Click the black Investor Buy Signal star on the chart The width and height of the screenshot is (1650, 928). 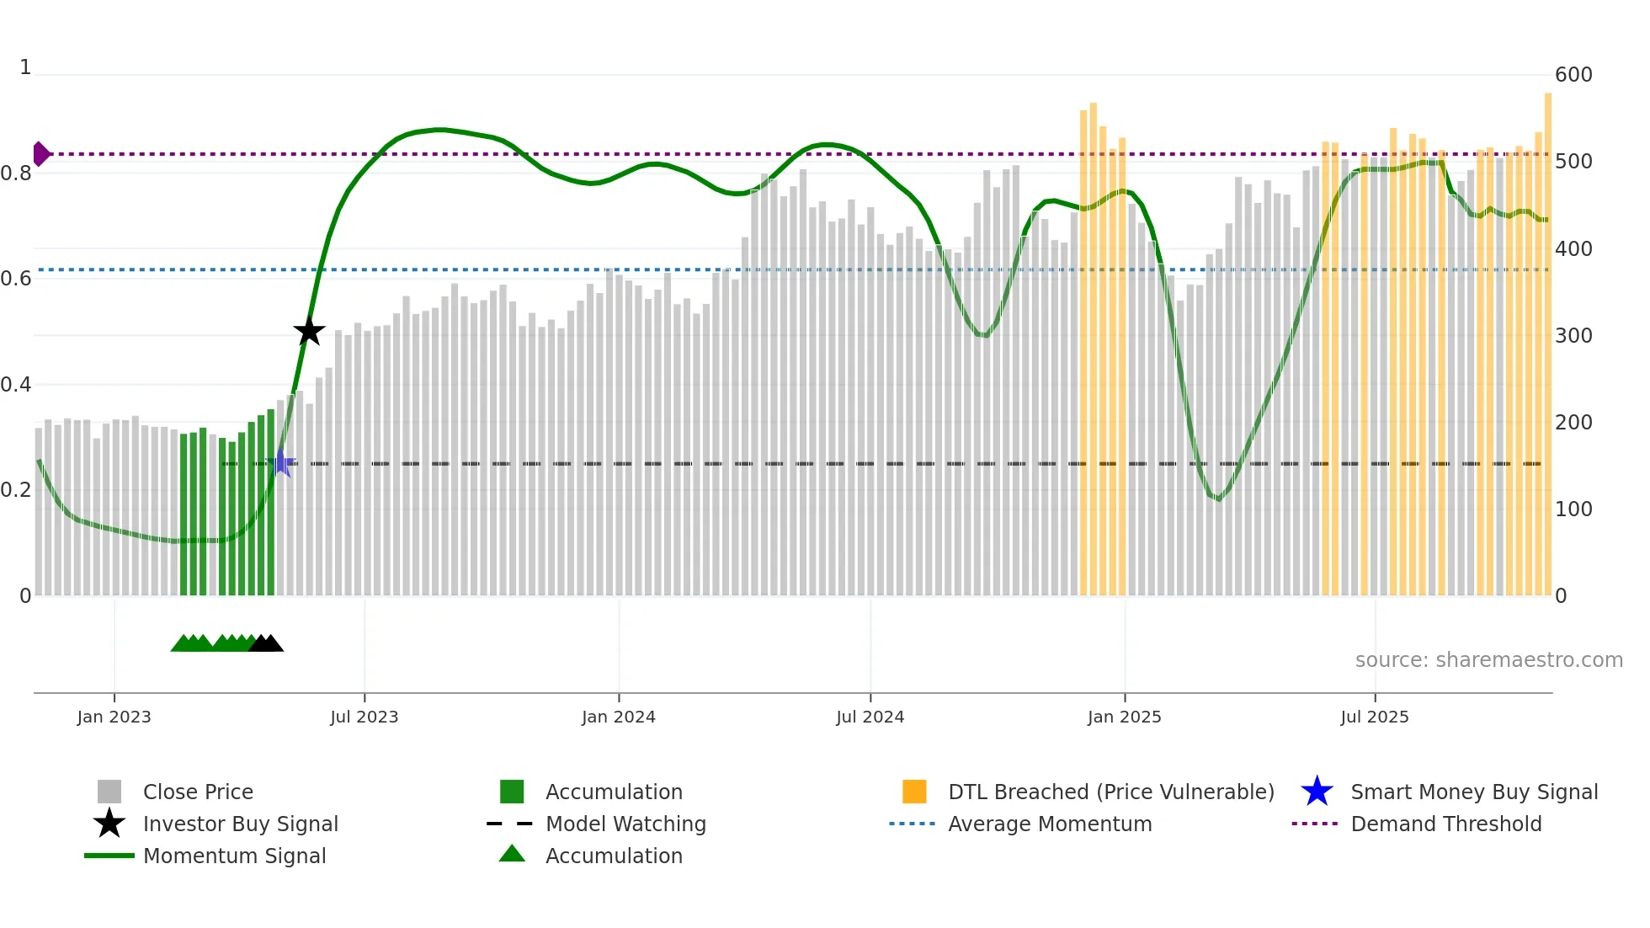[309, 331]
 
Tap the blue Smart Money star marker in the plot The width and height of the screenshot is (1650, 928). [281, 463]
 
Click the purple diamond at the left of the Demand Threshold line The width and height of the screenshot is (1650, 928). [40, 154]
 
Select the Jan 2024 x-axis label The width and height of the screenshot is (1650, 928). [618, 717]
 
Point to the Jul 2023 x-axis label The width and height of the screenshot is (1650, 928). [364, 717]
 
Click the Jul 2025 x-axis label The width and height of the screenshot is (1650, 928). [1374, 717]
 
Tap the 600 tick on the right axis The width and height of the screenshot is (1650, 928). [1573, 75]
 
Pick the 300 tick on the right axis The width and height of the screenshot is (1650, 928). [1573, 336]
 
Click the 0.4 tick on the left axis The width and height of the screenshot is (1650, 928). [16, 385]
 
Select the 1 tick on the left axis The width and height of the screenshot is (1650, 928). [25, 67]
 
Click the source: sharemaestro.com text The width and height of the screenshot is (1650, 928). [1488, 660]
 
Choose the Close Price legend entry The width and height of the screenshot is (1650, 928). [198, 792]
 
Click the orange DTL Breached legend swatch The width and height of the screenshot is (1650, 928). [914, 792]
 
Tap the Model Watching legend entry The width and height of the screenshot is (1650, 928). [625, 824]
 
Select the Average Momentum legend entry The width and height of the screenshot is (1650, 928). [1049, 824]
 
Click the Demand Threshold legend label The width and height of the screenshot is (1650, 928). [1445, 824]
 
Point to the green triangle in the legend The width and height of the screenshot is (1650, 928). [512, 855]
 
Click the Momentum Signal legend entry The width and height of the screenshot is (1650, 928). [234, 856]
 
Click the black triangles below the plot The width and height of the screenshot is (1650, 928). [266, 643]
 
